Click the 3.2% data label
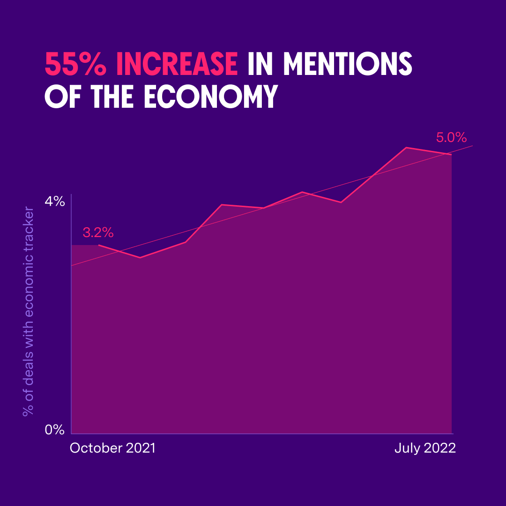(x=98, y=232)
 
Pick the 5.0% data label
(x=451, y=138)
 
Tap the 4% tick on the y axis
(x=54, y=202)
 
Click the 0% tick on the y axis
(x=54, y=430)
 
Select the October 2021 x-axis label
(x=112, y=448)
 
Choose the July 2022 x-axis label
(x=424, y=448)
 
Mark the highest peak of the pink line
(x=406, y=148)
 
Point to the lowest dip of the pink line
(x=140, y=258)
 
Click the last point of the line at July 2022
(x=451, y=154)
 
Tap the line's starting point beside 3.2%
(x=99, y=245)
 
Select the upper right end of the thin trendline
(x=472, y=146)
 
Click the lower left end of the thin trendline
(x=72, y=266)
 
